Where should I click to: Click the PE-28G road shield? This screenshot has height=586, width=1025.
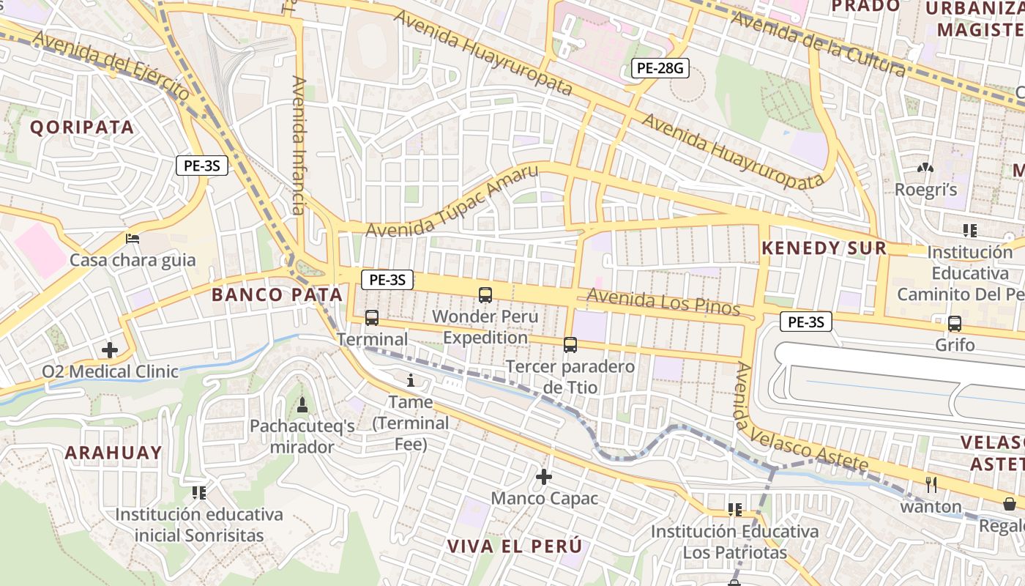click(x=660, y=69)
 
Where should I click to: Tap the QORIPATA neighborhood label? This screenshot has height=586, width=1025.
click(x=82, y=127)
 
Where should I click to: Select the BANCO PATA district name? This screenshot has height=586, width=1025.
click(x=277, y=295)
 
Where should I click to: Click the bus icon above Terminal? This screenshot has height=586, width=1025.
click(x=372, y=318)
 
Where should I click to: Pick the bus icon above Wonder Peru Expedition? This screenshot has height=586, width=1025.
click(x=485, y=295)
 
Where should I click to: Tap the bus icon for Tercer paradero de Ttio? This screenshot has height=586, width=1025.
click(x=570, y=344)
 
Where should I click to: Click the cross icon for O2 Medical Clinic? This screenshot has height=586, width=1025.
click(x=110, y=350)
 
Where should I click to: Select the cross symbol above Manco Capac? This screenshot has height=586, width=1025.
click(x=544, y=478)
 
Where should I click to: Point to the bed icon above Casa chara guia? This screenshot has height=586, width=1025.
click(x=133, y=239)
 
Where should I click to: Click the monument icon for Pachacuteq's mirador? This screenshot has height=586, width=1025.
click(x=302, y=404)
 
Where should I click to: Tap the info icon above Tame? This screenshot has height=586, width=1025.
click(x=411, y=381)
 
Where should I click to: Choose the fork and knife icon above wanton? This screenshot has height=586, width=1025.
click(x=931, y=484)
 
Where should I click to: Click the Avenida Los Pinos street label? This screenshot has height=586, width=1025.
click(x=663, y=301)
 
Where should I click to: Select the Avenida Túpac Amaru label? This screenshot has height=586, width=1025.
click(x=452, y=201)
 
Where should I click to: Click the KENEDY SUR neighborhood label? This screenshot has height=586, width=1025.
click(x=824, y=248)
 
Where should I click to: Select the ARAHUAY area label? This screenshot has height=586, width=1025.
click(x=113, y=453)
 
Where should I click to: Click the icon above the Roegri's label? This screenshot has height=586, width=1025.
click(x=925, y=168)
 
